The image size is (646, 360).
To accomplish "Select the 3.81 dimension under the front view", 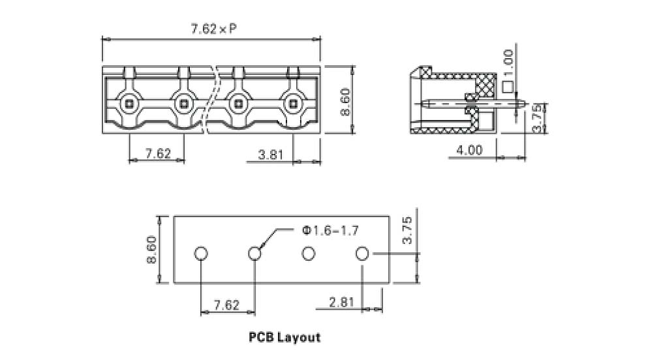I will coord(270,154).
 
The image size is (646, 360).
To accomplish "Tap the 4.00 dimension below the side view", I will coord(469,150).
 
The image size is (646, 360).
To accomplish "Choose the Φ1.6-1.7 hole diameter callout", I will coord(330,230).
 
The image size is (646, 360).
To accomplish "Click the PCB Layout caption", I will coord(285,338).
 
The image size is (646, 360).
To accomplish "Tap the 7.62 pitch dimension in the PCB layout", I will coord(227,305).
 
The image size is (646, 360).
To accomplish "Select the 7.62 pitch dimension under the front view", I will coord(157,154).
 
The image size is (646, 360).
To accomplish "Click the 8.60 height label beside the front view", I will coord(345,101).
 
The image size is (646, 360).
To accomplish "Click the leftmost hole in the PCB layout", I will coord(202,253).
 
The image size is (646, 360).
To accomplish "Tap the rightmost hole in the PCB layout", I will coord(363,253).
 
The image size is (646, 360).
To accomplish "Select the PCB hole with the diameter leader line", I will coord(255,253).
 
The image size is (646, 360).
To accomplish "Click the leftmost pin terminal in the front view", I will coord(130,102).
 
